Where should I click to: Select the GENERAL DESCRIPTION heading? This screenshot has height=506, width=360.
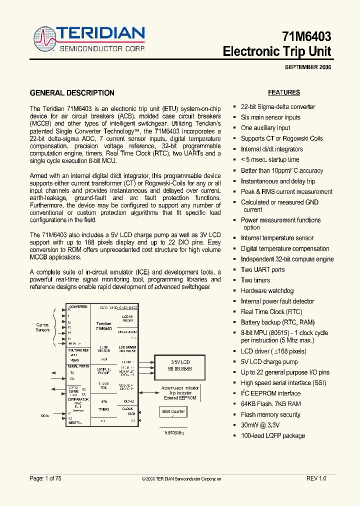(x=72, y=93)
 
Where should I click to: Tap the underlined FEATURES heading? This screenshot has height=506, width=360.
(x=284, y=92)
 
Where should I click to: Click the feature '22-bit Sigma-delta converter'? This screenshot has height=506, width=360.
(x=278, y=106)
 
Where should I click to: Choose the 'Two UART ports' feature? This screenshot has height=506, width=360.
(x=262, y=269)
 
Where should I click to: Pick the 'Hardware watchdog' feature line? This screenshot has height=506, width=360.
(x=267, y=290)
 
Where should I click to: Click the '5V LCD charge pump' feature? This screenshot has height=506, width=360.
(x=269, y=361)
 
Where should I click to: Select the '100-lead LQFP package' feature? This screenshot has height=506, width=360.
(x=272, y=435)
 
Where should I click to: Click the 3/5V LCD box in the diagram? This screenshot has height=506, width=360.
(x=180, y=365)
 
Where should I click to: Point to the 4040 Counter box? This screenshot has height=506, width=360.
(x=172, y=412)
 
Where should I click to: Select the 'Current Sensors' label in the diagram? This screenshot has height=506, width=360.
(x=42, y=327)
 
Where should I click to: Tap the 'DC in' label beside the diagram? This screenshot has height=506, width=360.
(x=45, y=415)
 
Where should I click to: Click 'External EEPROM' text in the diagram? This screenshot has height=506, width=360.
(x=180, y=398)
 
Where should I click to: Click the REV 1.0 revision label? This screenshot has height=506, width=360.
(x=316, y=478)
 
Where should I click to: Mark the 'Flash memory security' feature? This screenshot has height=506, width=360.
(x=270, y=414)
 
